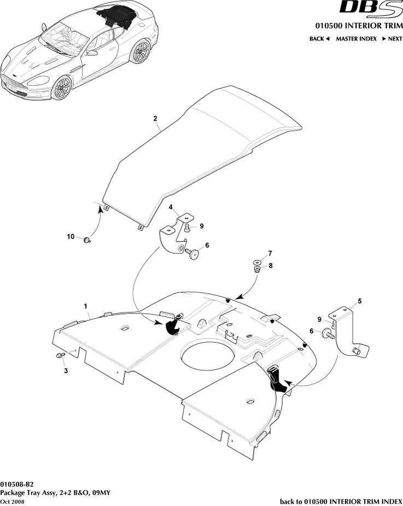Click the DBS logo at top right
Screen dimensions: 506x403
[x=371, y=8]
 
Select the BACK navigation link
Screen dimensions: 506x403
[x=319, y=39]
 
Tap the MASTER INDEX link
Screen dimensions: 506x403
[x=356, y=39]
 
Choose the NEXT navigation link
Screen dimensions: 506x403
[x=392, y=39]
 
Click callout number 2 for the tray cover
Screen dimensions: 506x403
[x=155, y=119]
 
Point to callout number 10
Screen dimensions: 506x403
[x=71, y=237]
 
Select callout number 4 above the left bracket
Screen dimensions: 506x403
[x=171, y=207]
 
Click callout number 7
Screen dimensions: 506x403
[x=269, y=254]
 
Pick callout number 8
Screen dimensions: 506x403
[x=269, y=265]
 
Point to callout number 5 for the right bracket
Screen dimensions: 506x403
[x=359, y=301]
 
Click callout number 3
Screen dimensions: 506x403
[x=66, y=371]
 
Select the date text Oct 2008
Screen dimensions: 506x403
[x=13, y=501]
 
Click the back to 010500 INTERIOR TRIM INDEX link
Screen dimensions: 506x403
[x=341, y=501]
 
